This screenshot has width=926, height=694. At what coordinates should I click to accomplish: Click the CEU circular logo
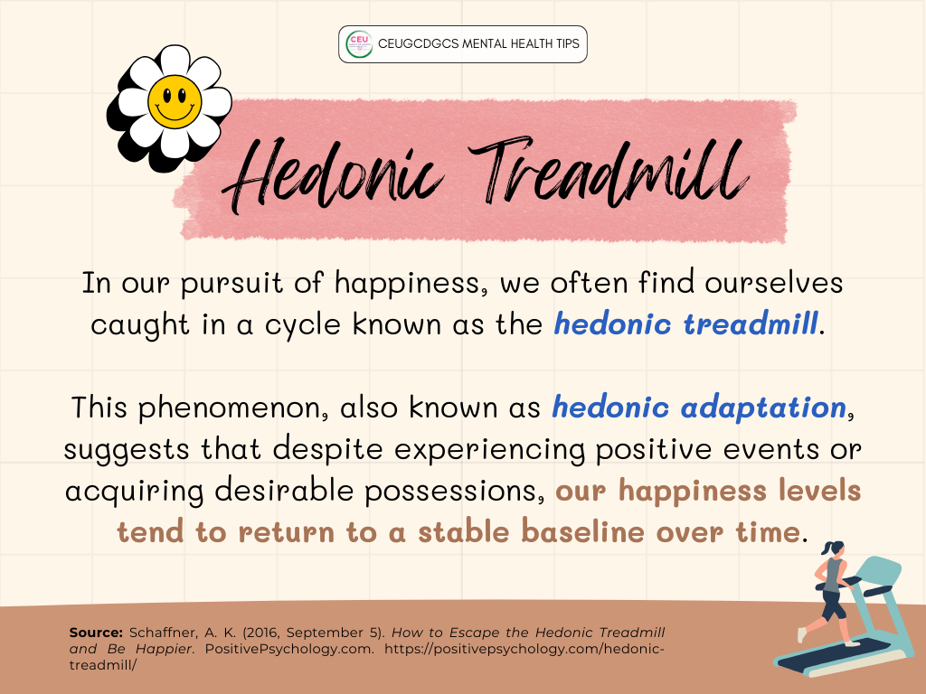359,44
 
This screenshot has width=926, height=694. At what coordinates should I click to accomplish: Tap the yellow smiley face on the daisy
175,101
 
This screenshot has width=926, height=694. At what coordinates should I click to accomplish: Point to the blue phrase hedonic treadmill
685,324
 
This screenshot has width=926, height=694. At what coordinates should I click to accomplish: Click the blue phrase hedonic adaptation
699,408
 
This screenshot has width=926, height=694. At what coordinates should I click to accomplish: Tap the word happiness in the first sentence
411,283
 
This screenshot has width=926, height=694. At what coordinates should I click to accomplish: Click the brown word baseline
582,531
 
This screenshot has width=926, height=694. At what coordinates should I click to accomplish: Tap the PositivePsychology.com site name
289,649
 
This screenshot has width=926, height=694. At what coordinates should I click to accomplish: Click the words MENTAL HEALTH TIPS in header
521,43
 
